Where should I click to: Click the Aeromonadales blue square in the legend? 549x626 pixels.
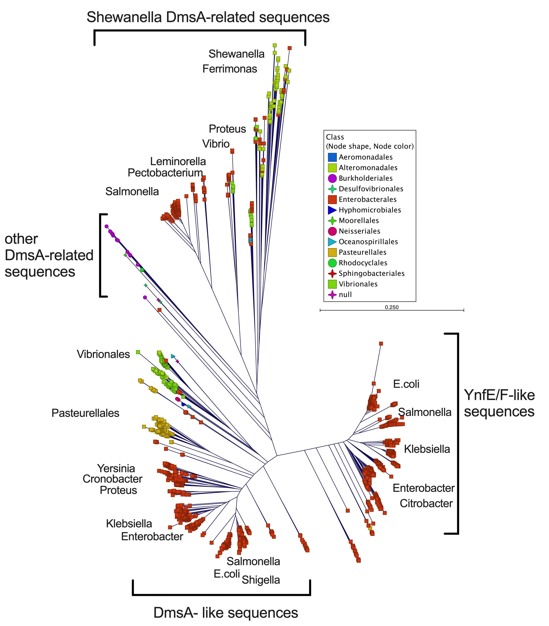332,157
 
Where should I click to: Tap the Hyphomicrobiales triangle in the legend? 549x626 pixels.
332,210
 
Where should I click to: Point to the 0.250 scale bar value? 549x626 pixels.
392,307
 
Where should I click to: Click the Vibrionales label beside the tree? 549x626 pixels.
103,354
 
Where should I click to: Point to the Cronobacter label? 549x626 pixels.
112,479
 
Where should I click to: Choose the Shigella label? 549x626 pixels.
261,580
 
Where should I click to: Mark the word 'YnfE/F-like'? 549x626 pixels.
499,395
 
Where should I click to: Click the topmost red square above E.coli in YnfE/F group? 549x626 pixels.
381,344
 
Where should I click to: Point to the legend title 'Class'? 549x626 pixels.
335,137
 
